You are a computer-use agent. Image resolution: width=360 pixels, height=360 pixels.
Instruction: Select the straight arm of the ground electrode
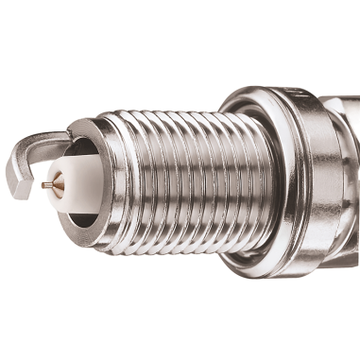click(x=47, y=139)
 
